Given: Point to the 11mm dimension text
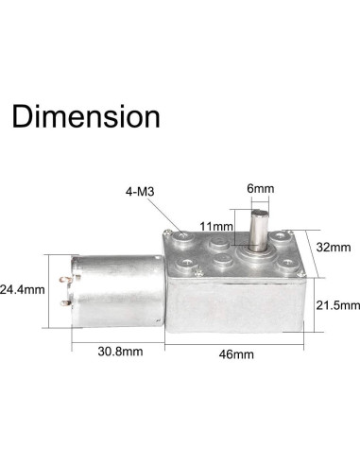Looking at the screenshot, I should pyautogui.click(x=217, y=228).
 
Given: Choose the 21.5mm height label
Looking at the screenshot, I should pyautogui.click(x=338, y=304).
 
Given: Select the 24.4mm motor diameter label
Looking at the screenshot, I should pyautogui.click(x=24, y=289).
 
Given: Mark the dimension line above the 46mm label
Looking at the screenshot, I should pyautogui.click(x=241, y=339).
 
